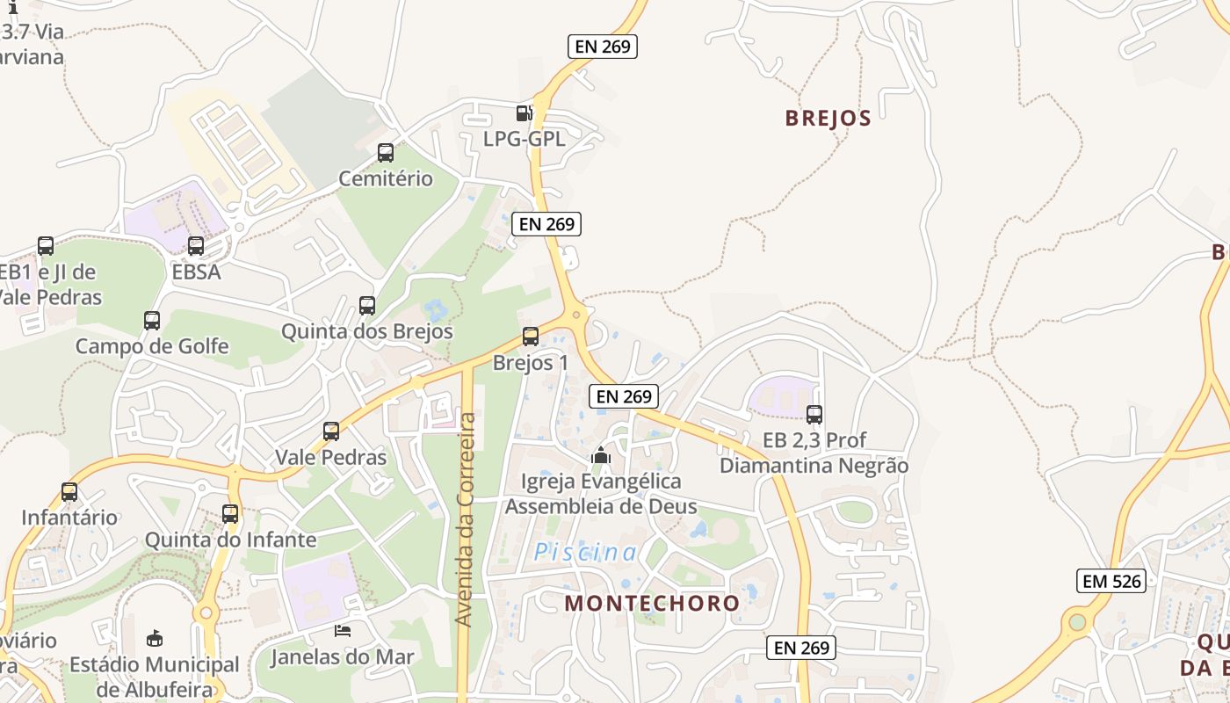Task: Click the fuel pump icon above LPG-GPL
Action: pos(524,112)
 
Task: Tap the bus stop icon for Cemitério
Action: pos(385,153)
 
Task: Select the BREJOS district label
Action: pos(828,119)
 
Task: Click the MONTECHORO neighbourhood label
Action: pos(652,604)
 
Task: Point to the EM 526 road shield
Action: pos(1111,581)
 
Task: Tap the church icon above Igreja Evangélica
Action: pos(601,455)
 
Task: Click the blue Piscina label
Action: pos(586,553)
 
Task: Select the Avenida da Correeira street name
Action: pos(466,518)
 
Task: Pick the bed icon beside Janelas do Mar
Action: pos(343,631)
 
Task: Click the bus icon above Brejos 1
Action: pos(530,336)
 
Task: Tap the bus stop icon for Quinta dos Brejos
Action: pos(367,306)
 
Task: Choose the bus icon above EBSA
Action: pos(196,246)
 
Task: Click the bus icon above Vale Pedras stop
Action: pos(331,431)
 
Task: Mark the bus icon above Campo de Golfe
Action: pos(152,320)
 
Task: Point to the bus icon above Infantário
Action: pos(69,492)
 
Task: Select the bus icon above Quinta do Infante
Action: pos(230,514)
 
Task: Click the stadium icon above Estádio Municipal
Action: pos(155,637)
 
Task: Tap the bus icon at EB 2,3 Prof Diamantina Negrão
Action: pos(814,414)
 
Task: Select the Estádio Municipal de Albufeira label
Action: pos(155,677)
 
